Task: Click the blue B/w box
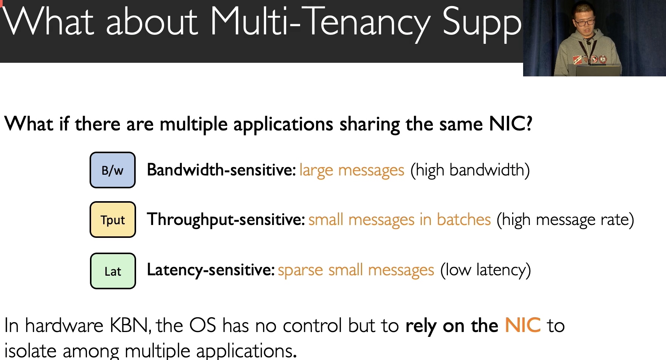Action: pyautogui.click(x=113, y=170)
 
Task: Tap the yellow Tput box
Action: pyautogui.click(x=113, y=220)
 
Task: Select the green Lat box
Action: pyautogui.click(x=113, y=271)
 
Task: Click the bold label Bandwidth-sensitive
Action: pyautogui.click(x=221, y=170)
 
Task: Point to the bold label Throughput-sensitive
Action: pyautogui.click(x=226, y=220)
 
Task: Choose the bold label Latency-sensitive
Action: pyautogui.click(x=211, y=270)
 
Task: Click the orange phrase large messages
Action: pyautogui.click(x=352, y=171)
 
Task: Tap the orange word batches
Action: pyautogui.click(x=464, y=219)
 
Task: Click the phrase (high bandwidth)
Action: pyautogui.click(x=470, y=171)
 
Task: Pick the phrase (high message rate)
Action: pyautogui.click(x=565, y=220)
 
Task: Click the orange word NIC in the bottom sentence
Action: pyautogui.click(x=523, y=325)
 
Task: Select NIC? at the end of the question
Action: pyautogui.click(x=511, y=123)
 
